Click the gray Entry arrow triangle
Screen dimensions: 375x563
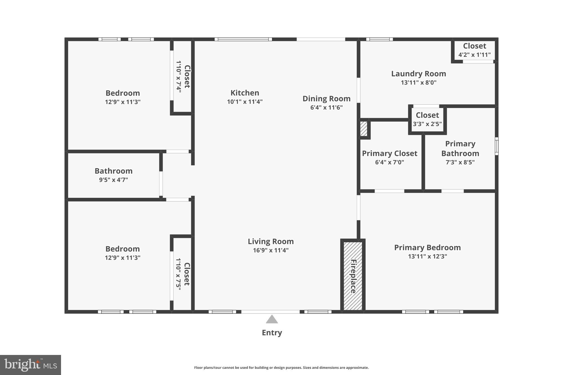(x=272, y=320)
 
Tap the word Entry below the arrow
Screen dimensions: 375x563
(x=272, y=333)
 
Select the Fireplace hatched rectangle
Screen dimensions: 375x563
(x=353, y=276)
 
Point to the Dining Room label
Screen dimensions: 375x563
(x=326, y=99)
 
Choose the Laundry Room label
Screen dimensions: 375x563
(x=418, y=74)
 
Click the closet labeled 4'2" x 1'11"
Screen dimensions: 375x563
(x=474, y=50)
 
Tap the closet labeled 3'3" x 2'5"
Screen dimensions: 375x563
(x=427, y=120)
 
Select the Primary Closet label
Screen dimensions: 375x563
(x=390, y=153)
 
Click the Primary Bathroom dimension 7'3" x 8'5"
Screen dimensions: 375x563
(x=460, y=162)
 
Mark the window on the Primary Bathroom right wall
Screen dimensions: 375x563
(x=496, y=146)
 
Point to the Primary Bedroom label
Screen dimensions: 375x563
(x=427, y=248)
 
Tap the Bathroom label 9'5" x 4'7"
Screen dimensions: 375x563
(x=114, y=175)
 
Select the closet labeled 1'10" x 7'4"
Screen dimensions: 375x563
(x=183, y=77)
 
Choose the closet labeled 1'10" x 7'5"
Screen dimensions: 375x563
(x=183, y=274)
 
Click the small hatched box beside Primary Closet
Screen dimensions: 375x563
(x=363, y=129)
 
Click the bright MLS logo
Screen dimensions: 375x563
(x=30, y=365)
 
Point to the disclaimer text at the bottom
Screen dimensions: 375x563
(x=281, y=368)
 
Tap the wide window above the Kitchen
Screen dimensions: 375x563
(x=243, y=39)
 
